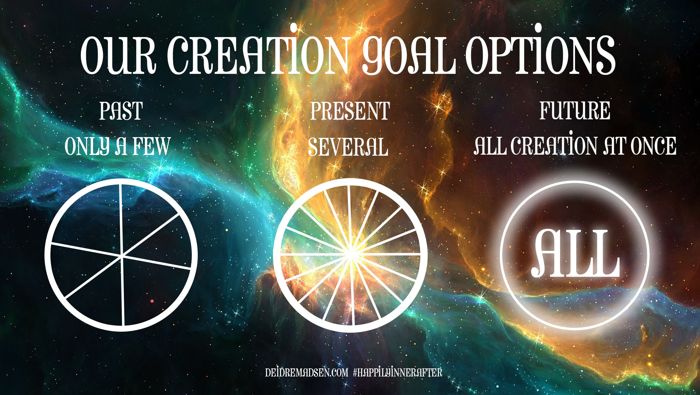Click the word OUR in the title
118,55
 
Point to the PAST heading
121,111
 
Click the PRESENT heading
350,111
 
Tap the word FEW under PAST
151,146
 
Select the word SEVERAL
348,147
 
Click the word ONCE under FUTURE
653,146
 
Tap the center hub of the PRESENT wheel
350,254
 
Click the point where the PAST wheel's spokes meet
122,256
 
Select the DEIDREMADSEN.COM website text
307,372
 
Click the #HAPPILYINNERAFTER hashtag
398,372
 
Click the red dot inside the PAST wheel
152,301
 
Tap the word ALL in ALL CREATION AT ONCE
490,146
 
